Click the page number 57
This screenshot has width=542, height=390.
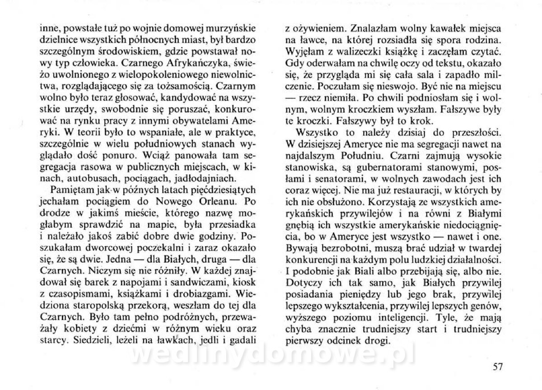click(498, 367)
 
